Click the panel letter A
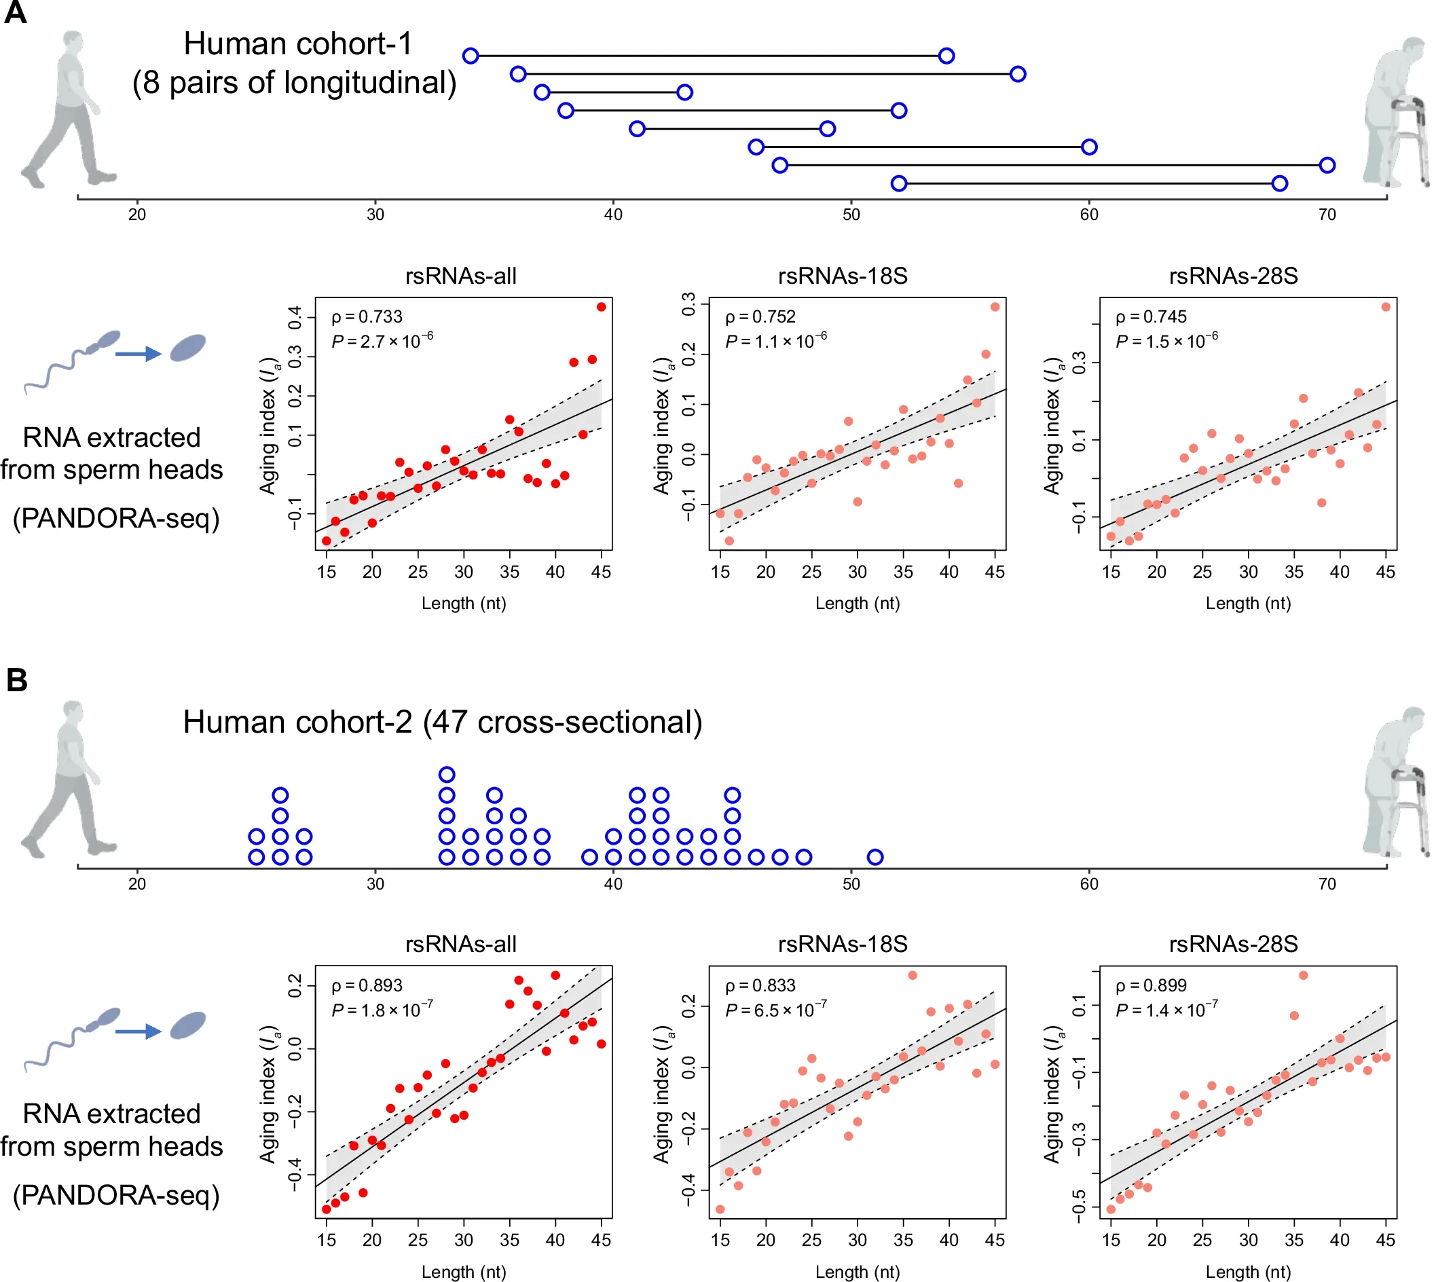pos(15,13)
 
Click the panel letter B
pos(16,680)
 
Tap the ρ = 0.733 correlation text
pos(367,317)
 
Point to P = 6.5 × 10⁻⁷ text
pos(775,1010)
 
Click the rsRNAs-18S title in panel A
pos(843,276)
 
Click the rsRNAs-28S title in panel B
pos(1233,944)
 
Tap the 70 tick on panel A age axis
pos(1327,214)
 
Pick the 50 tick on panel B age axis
pos(851,883)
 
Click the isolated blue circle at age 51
pos(875,857)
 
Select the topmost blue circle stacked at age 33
pos(447,775)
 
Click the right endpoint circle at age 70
pos(1327,166)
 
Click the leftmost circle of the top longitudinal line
pos(471,56)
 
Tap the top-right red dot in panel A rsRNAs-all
pos(601,307)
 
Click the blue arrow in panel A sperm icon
pos(138,354)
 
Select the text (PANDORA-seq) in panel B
pos(116,1194)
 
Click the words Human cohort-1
pos(298,43)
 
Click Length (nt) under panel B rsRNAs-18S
pos(857,1271)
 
